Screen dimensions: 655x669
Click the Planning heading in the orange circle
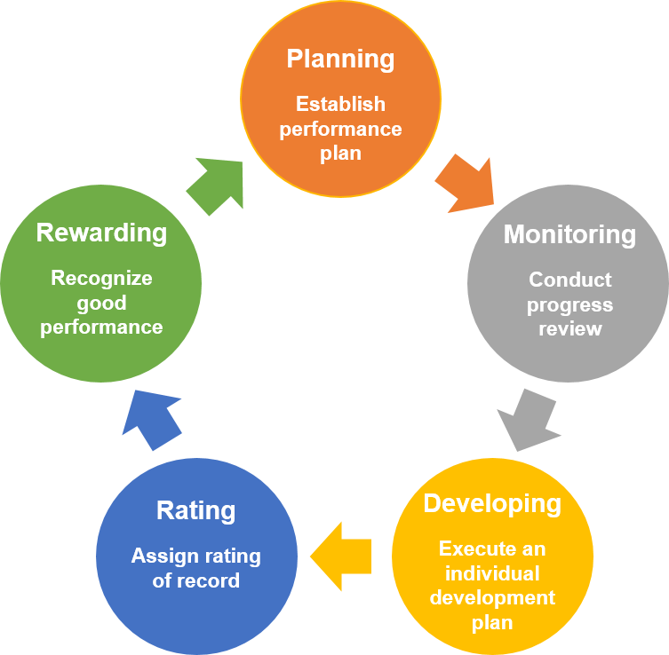[x=340, y=59]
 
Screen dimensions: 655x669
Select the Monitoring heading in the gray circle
[x=569, y=234]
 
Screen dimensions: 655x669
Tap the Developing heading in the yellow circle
[x=492, y=503]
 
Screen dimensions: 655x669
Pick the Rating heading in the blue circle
[x=195, y=511]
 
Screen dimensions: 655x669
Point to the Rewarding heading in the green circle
[x=101, y=233]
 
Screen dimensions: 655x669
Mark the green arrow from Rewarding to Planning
[x=216, y=185]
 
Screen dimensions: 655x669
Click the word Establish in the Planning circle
[x=340, y=104]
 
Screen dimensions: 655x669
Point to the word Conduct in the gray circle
[x=570, y=280]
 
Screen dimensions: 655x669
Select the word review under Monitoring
[x=570, y=328]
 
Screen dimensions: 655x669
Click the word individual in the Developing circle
[x=492, y=572]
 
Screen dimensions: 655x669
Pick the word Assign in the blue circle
[x=161, y=556]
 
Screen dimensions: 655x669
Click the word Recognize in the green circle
[x=101, y=278]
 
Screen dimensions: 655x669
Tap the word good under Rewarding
[x=101, y=303]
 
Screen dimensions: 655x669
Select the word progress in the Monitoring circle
[x=570, y=304]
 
